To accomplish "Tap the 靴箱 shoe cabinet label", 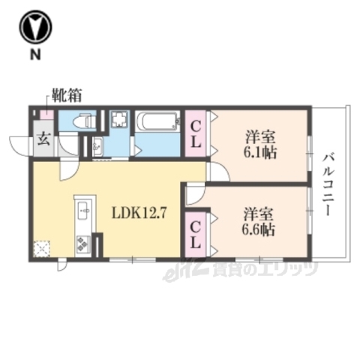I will (67, 95).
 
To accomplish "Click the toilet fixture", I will (79, 120).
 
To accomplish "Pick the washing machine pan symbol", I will (119, 121).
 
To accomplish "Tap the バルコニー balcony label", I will (329, 184).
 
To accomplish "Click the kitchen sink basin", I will (82, 209).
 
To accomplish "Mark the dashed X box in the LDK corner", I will (43, 247).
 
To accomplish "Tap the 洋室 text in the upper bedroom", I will (259, 136).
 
